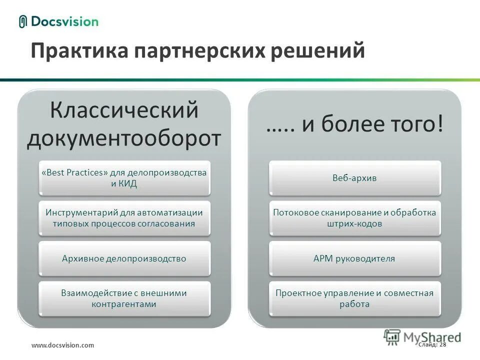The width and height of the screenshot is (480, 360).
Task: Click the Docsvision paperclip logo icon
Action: pyautogui.click(x=22, y=21)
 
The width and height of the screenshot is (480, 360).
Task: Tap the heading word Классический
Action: pyautogui.click(x=124, y=110)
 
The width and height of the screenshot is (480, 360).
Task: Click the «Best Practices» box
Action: pyautogui.click(x=124, y=178)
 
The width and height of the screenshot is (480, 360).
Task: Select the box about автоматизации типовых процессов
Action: pyautogui.click(x=124, y=218)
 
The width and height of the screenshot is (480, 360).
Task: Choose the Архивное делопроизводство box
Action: pyautogui.click(x=124, y=258)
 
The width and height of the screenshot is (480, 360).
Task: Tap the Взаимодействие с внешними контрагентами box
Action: pyautogui.click(x=124, y=298)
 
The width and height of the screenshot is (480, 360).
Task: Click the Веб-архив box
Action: pyautogui.click(x=354, y=178)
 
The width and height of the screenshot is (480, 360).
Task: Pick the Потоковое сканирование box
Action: pyautogui.click(x=354, y=218)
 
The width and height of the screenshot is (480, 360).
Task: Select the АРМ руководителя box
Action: pyautogui.click(x=354, y=258)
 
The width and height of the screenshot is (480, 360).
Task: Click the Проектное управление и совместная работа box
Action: pyautogui.click(x=354, y=298)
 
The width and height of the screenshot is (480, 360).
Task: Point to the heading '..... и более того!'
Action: pyautogui.click(x=354, y=124)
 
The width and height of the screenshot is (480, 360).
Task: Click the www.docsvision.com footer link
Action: pyautogui.click(x=62, y=345)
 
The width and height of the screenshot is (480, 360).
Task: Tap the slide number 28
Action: pyautogui.click(x=443, y=344)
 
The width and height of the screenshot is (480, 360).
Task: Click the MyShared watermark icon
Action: pyautogui.click(x=393, y=337)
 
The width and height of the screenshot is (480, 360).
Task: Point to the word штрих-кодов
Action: pyautogui.click(x=354, y=224)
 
